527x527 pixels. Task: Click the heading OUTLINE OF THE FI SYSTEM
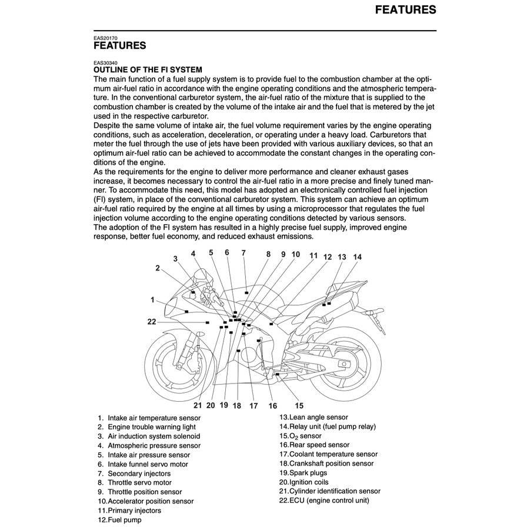(148, 69)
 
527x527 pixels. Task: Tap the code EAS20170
(105, 38)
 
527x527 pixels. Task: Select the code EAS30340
(105, 62)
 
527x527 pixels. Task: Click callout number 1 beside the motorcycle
(152, 299)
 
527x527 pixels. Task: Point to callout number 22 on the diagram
(152, 321)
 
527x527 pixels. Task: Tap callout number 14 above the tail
(358, 257)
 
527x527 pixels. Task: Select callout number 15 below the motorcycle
(299, 405)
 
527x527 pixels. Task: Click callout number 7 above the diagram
(244, 253)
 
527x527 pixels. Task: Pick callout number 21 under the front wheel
(198, 405)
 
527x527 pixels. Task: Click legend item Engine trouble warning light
(151, 427)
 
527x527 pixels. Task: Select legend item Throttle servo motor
(139, 482)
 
